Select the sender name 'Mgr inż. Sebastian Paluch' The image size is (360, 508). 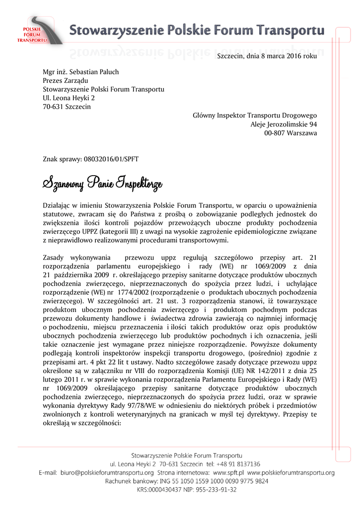pos(80,72)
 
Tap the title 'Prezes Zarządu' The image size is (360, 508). pos(65,80)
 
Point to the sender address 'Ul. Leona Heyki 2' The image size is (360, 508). pos(69,98)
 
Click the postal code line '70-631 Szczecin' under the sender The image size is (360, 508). pos(67,107)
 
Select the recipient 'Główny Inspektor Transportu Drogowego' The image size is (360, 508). pos(254,116)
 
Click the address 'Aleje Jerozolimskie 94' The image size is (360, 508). pos(284,125)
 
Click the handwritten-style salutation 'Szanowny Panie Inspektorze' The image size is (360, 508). pos(102,184)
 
